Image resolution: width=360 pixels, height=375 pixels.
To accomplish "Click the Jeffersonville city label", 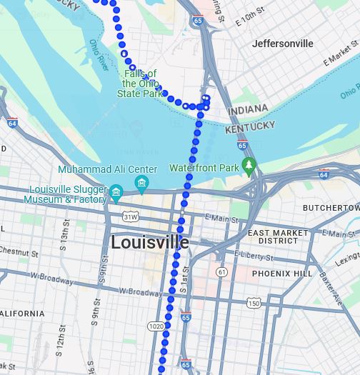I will coord(282,44).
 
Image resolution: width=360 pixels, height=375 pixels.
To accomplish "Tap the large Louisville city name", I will coord(149,242).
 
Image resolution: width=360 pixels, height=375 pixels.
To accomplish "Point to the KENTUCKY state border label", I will coord(250,127).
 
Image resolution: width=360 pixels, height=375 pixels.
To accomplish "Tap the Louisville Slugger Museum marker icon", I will coord(116,191).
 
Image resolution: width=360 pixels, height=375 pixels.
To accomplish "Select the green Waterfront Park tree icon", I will coord(249,167).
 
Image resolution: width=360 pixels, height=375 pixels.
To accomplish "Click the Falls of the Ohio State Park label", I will coord(140,84).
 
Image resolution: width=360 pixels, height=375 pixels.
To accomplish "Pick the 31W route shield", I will coord(129,216).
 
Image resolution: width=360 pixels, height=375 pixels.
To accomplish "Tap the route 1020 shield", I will coord(156,326).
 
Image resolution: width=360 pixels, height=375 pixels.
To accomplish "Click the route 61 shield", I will coord(222,272).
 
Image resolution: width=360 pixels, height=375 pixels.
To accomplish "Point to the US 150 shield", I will coord(254,304).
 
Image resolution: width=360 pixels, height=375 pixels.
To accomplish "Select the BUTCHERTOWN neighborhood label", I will coord(331,208).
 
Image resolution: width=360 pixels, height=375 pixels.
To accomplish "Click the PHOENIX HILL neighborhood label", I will coord(282,274).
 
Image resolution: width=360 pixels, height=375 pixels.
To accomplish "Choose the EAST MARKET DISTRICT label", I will coord(278,237).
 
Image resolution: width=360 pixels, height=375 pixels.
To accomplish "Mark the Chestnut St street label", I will coord(18,251).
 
